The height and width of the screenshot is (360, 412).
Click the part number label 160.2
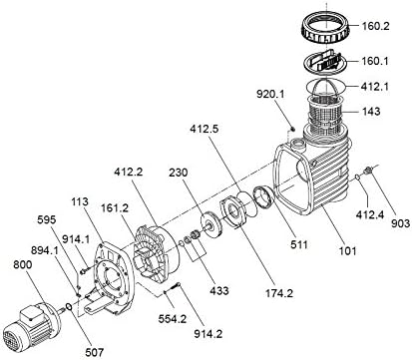375,26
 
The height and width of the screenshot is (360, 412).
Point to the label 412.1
375,87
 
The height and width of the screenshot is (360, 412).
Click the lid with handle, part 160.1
325,63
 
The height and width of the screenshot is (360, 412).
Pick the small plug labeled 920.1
292,129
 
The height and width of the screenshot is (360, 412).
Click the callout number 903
400,223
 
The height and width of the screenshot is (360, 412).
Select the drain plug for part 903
368,171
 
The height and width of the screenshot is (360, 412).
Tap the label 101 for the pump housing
347,250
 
